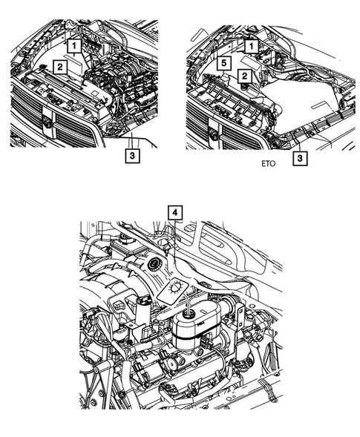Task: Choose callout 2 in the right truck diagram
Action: [x=243, y=76]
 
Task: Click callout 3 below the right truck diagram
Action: [x=298, y=158]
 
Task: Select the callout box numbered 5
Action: [x=222, y=65]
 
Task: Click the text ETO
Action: [x=267, y=165]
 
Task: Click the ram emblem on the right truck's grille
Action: [x=215, y=134]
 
